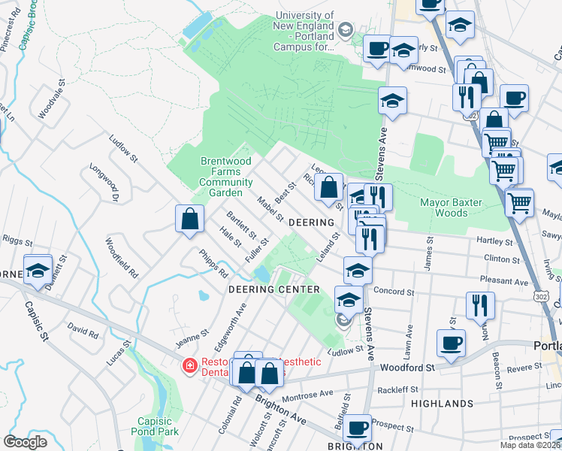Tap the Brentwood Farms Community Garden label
pyautogui.click(x=226, y=177)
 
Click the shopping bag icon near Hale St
pyautogui.click(x=191, y=219)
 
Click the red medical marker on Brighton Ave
pyautogui.click(x=191, y=366)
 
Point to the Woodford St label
pyautogui.click(x=408, y=368)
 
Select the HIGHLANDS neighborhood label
pyautogui.click(x=443, y=404)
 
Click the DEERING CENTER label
pyautogui.click(x=269, y=289)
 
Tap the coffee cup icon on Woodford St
pyautogui.click(x=452, y=342)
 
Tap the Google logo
pyautogui.click(x=26, y=442)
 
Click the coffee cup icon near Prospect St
pyautogui.click(x=358, y=428)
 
